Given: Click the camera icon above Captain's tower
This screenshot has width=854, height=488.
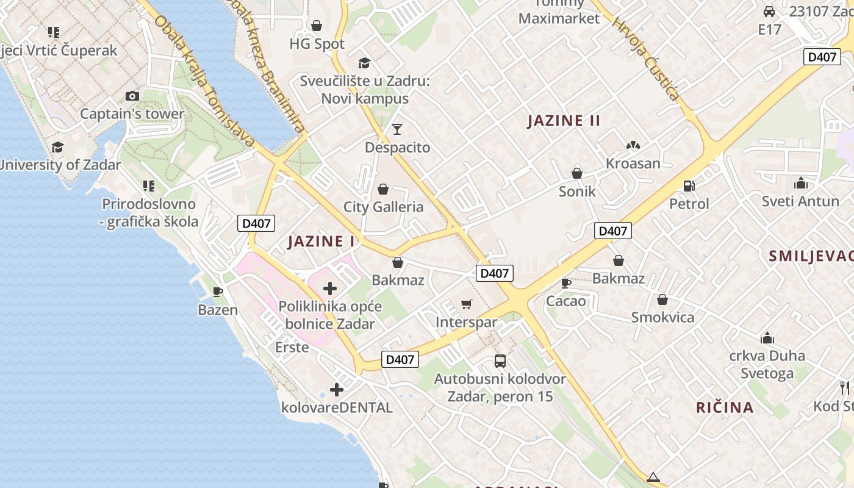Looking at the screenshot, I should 132,96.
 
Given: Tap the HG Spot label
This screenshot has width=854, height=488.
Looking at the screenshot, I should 317,44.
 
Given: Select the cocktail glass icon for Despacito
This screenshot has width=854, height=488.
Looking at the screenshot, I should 397,129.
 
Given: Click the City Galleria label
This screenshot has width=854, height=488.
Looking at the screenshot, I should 383,207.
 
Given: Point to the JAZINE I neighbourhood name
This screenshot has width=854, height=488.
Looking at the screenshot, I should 321,242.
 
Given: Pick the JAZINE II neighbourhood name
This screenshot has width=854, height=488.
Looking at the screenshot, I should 564,120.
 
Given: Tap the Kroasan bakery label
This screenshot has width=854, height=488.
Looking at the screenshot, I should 633,163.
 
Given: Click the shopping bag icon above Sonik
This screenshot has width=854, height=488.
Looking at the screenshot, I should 576,174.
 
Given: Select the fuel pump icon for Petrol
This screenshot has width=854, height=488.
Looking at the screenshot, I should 689,185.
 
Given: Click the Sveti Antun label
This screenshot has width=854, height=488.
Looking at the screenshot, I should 800,201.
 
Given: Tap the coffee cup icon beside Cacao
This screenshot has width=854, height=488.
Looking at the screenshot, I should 566,282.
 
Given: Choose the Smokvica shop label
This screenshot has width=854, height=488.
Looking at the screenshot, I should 662,317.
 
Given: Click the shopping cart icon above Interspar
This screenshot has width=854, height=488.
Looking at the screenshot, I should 467,304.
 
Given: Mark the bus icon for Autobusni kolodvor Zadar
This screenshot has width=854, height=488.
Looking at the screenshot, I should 500,361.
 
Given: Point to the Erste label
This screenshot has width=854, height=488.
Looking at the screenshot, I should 292,347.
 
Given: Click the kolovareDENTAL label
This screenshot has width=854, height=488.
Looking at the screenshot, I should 337,407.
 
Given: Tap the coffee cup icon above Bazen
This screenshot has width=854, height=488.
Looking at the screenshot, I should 217,292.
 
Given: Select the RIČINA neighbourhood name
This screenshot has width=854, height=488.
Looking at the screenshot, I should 725,407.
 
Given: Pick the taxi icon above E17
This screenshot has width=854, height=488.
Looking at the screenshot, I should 769,12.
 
